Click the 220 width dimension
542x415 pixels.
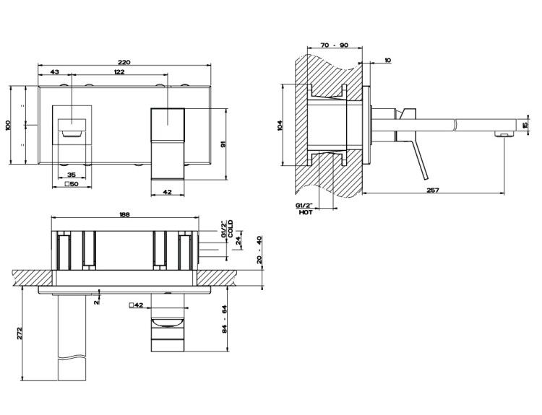124,62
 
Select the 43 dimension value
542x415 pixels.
55,72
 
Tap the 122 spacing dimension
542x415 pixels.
119,72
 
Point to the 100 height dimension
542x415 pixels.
8,125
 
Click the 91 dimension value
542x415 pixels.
223,145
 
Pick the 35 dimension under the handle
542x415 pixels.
72,175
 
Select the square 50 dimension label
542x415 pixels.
72,184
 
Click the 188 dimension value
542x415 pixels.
124,214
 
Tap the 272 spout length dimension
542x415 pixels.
20,333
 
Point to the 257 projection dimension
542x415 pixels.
433,190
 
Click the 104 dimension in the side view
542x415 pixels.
280,125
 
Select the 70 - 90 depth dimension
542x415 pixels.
335,45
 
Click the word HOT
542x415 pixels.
306,212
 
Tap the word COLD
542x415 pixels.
231,229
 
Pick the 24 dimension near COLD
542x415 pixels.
238,240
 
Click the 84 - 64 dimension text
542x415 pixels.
224,319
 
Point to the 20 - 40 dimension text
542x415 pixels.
259,250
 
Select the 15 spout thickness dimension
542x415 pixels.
525,125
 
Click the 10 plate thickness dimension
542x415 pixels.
387,60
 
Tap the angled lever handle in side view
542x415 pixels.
418,160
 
